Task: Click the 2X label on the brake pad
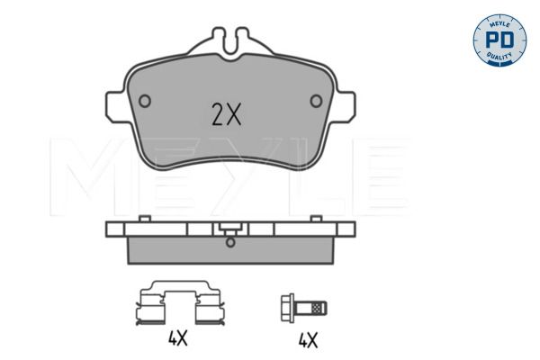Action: pyautogui.click(x=226, y=114)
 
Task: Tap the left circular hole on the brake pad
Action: pyautogui.click(x=145, y=101)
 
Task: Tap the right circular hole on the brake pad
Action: pyautogui.click(x=316, y=101)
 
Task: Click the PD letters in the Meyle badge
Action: pyautogui.click(x=499, y=40)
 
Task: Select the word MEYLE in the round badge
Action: pyautogui.click(x=499, y=24)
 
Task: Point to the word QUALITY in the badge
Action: pyautogui.click(x=499, y=56)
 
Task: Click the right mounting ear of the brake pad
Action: pyautogui.click(x=345, y=106)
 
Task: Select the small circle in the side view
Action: pyautogui.click(x=230, y=242)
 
